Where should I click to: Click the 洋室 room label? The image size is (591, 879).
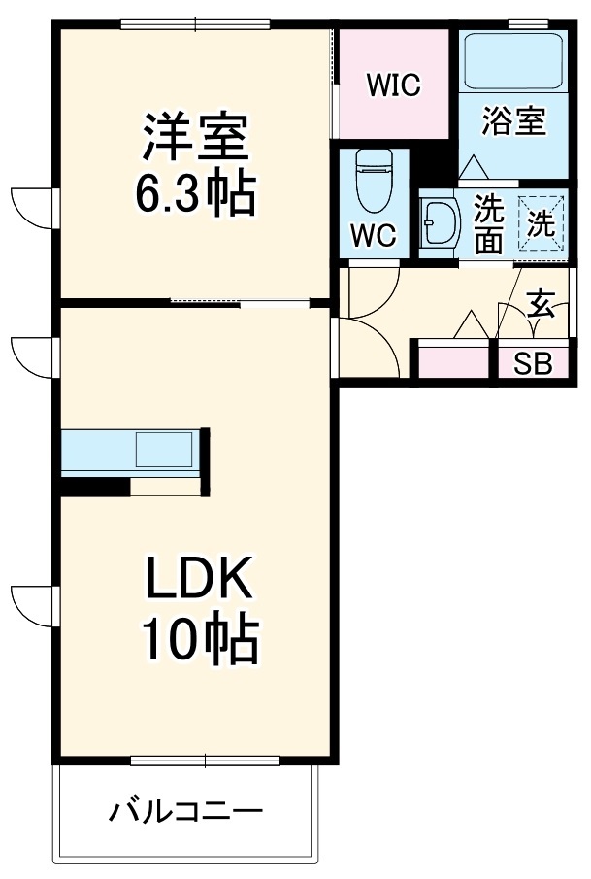pos(198,139)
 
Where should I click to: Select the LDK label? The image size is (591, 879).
pos(200,582)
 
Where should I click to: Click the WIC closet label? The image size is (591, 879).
pos(393,85)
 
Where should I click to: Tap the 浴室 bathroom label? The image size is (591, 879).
pos(514,120)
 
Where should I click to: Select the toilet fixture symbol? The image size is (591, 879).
pos(373,181)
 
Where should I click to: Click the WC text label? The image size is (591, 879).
pos(373,236)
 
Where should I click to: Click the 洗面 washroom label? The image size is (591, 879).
pos(489,224)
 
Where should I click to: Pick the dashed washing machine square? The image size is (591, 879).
pos(541,224)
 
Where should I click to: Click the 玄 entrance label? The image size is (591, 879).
pos(541,305)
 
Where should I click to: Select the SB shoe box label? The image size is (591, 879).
pos(532,364)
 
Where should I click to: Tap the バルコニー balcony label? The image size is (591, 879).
pos(185,811)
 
